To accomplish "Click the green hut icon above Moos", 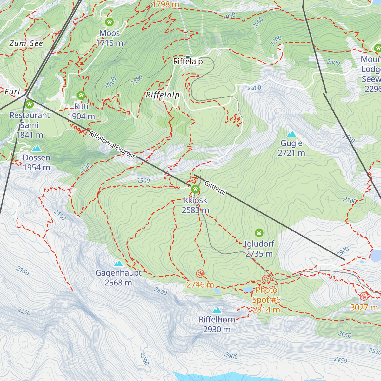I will (109, 22).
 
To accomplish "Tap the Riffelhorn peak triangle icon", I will (217, 310).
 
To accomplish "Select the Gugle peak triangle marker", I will (291, 134).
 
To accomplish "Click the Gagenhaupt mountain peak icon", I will (118, 263).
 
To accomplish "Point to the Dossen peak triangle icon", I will (36, 148).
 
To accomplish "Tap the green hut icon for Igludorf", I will (259, 233).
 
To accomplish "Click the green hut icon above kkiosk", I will (195, 190).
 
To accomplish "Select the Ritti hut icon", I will (81, 95).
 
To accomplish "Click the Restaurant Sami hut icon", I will (29, 104).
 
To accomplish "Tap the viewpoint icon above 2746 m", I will (200, 273).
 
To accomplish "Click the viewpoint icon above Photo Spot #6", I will (266, 279).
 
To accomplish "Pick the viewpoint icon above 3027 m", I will (364, 296).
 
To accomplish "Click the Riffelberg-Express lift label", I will (112, 144).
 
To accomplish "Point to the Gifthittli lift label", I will (215, 188).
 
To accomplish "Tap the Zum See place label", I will (26, 43).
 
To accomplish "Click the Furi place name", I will (12, 92).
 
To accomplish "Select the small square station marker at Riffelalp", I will (188, 57).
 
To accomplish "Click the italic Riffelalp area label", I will (163, 95).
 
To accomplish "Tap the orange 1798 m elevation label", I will (165, 4).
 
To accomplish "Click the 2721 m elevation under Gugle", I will (291, 153).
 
